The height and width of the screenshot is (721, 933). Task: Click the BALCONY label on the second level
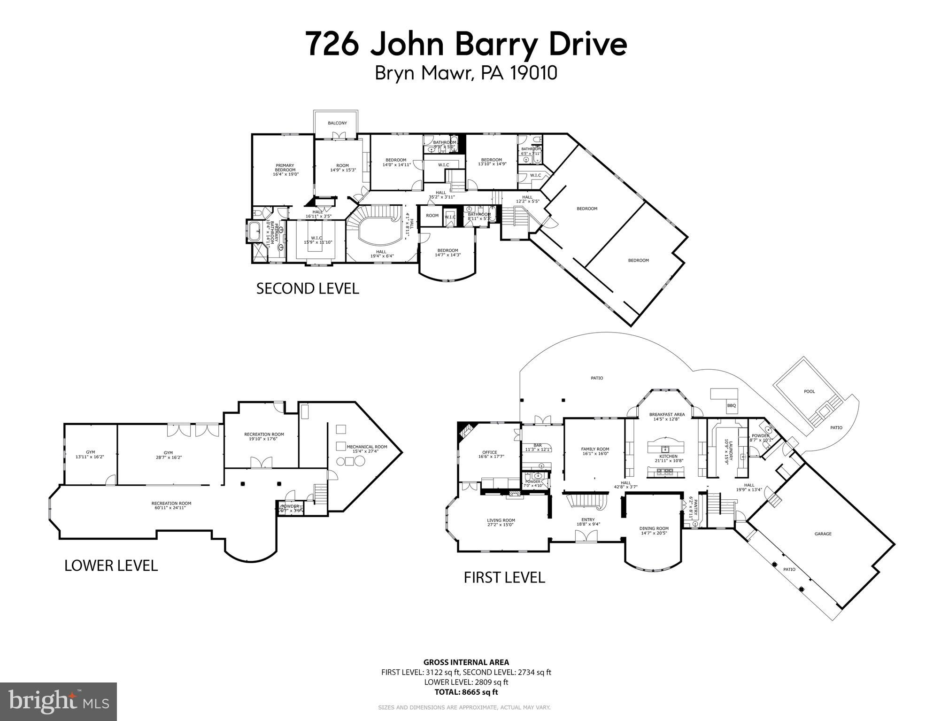[337, 123]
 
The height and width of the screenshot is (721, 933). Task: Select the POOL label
[809, 391]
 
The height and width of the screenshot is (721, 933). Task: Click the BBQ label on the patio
[731, 405]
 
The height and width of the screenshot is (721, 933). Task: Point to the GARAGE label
[823, 534]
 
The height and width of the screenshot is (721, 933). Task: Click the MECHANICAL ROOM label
[367, 447]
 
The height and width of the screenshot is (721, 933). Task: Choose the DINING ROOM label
[654, 528]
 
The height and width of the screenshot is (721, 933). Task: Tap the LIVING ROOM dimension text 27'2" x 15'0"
[501, 525]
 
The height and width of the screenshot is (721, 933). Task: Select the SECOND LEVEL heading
[308, 288]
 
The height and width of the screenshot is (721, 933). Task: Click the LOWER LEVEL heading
[111, 566]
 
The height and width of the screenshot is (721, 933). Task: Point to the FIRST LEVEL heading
[504, 577]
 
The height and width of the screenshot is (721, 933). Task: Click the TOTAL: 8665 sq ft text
[466, 692]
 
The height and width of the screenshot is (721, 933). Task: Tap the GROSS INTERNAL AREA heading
[466, 663]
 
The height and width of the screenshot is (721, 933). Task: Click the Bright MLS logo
[58, 702]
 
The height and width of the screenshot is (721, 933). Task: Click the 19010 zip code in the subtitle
[532, 73]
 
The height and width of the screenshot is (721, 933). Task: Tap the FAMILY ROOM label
[595, 449]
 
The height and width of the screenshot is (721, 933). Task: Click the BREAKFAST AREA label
[667, 414]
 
